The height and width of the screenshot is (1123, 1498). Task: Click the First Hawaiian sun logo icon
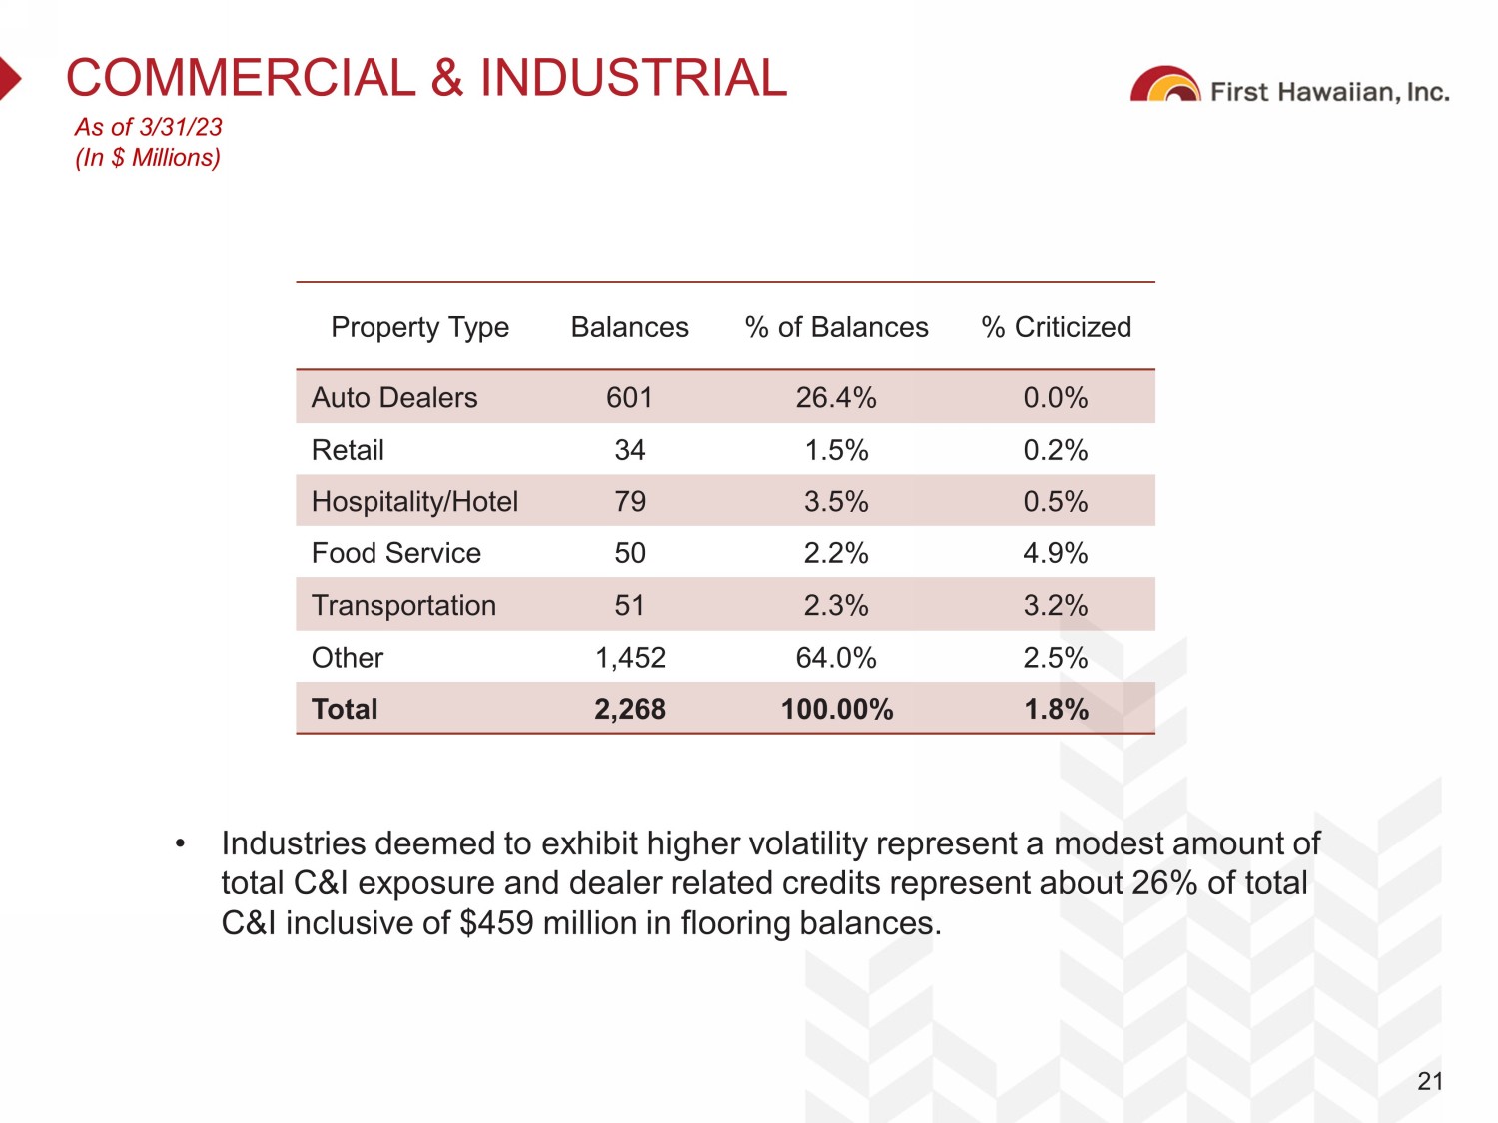(x=1165, y=86)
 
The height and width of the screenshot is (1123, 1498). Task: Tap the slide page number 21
(x=1430, y=1081)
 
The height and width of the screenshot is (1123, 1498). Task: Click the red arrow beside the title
(x=9, y=78)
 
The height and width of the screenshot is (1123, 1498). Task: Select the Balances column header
(x=629, y=327)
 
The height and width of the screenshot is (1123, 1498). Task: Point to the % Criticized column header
(x=1056, y=327)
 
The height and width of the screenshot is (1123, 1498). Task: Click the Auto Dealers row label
(x=394, y=397)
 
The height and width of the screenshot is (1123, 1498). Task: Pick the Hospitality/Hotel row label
(x=414, y=501)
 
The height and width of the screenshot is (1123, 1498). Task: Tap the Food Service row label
(x=396, y=553)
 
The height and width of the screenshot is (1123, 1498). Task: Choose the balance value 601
(x=629, y=397)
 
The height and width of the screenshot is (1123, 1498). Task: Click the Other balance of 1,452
(x=630, y=658)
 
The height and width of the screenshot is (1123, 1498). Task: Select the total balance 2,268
(x=629, y=709)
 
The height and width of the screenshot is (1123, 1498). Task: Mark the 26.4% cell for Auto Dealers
(x=836, y=397)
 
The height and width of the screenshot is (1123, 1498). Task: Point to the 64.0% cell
(x=836, y=658)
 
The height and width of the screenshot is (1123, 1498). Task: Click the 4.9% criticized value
(x=1056, y=553)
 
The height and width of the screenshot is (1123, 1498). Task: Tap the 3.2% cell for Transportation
(x=1056, y=605)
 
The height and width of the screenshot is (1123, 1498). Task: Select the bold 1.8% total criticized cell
(x=1056, y=709)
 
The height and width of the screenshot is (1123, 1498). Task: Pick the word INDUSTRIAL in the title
(x=633, y=78)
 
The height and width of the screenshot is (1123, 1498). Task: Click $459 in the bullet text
(x=496, y=923)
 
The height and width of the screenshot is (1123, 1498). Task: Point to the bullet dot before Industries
(x=180, y=844)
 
